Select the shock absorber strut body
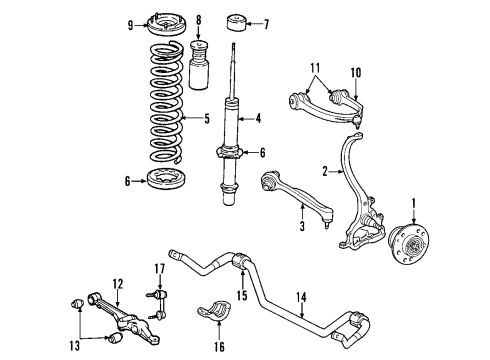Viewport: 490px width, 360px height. coord(232,140)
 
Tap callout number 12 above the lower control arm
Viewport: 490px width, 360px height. coord(118,282)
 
